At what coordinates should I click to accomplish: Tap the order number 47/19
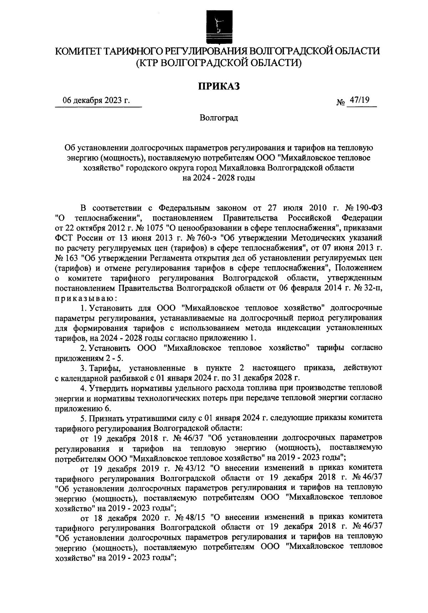[359, 101]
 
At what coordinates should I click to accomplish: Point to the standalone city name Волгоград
[218, 117]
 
